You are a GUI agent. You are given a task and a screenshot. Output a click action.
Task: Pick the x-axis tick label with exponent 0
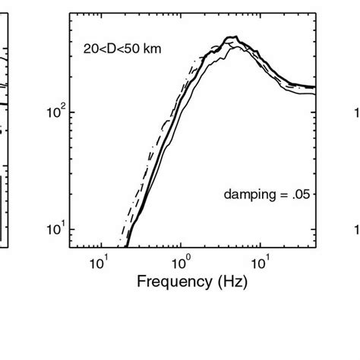[x=181, y=263]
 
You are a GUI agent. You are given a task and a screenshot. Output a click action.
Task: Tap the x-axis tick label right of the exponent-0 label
[x=260, y=263]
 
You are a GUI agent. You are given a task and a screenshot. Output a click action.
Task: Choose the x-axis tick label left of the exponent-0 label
[x=96, y=263]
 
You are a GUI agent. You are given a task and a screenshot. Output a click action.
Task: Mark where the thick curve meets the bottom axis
[x=126, y=246]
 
